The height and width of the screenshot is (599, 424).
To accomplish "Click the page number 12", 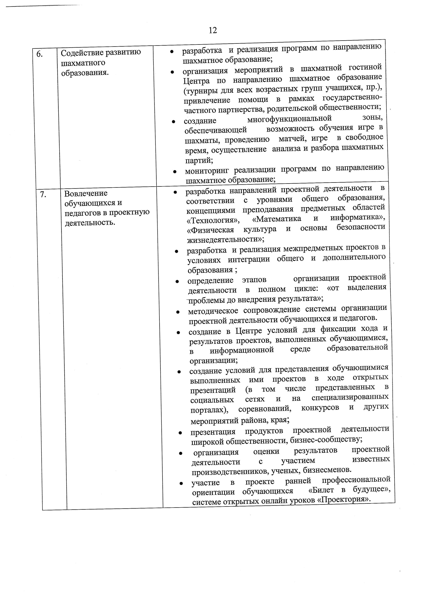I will click(x=213, y=31).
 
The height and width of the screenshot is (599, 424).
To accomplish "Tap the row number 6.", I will click(x=39, y=54).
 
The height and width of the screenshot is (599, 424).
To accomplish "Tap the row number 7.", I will click(x=43, y=194).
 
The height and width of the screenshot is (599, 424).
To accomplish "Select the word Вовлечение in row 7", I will click(x=86, y=193).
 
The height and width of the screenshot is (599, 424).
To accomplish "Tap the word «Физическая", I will click(x=210, y=230).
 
